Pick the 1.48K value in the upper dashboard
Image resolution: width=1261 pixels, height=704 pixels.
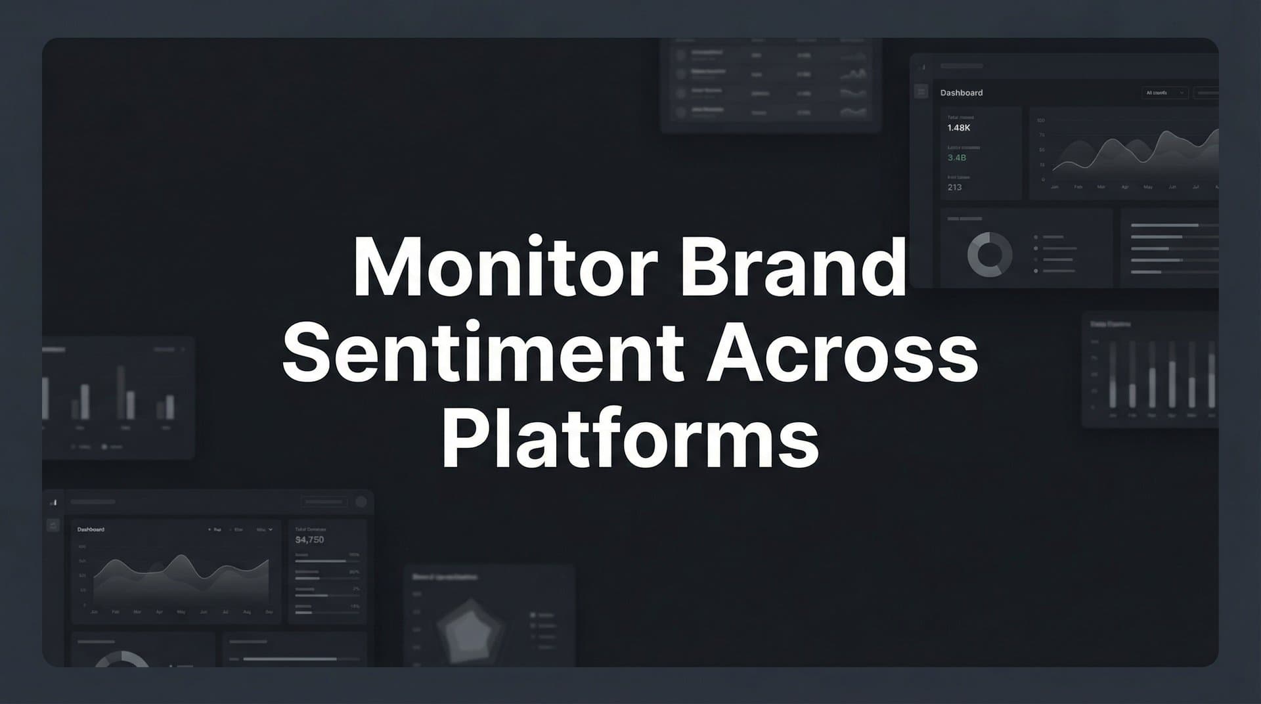pyautogui.click(x=958, y=128)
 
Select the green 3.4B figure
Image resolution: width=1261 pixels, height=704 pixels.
pyautogui.click(x=956, y=158)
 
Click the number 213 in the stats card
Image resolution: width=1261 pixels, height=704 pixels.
pyautogui.click(x=954, y=187)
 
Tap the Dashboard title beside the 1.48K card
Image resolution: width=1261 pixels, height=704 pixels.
pyautogui.click(x=961, y=93)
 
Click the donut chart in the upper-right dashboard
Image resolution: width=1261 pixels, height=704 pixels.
pyautogui.click(x=989, y=254)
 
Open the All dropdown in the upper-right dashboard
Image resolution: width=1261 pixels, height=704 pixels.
pyautogui.click(x=1164, y=93)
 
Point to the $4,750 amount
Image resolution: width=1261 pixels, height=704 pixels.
pyautogui.click(x=309, y=540)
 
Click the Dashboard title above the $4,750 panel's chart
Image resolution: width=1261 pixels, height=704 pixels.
pyautogui.click(x=91, y=529)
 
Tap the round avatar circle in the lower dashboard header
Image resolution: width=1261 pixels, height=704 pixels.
pyautogui.click(x=361, y=502)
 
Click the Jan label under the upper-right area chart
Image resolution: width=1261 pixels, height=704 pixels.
pyautogui.click(x=1055, y=187)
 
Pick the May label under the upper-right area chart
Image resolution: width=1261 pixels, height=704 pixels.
pyautogui.click(x=1148, y=187)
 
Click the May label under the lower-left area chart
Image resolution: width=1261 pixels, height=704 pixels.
pyautogui.click(x=181, y=612)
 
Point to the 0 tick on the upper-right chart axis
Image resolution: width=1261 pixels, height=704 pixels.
pyautogui.click(x=1043, y=179)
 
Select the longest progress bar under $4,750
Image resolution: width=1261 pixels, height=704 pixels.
pyautogui.click(x=321, y=561)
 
